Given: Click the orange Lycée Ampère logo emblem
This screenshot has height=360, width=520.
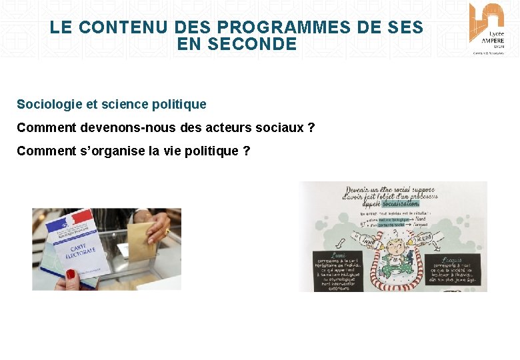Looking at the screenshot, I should [487, 17].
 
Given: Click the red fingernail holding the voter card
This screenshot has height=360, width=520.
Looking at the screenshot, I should [70, 273].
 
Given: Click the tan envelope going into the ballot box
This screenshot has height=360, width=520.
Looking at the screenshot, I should [141, 239].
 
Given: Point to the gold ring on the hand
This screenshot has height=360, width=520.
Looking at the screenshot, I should [166, 231].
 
